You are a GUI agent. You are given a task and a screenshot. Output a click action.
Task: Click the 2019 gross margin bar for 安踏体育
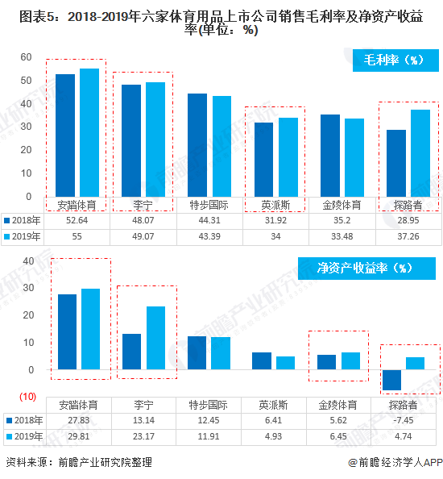(89, 132)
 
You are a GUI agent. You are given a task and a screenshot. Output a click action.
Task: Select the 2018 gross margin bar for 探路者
(395, 163)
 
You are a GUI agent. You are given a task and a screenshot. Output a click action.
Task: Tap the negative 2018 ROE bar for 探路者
(392, 380)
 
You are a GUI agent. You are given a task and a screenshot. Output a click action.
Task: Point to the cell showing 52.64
(77, 220)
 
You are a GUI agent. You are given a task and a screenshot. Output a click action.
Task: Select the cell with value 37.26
(407, 235)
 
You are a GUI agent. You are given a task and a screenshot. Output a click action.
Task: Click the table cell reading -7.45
(407, 420)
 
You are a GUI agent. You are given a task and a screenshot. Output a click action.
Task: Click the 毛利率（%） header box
(393, 60)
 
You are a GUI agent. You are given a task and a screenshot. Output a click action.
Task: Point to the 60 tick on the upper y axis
(26, 57)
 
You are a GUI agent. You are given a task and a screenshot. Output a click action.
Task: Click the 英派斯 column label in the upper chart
(275, 205)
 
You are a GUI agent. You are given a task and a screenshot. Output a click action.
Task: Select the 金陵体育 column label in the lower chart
(341, 405)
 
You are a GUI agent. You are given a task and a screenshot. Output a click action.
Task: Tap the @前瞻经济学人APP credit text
(394, 463)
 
